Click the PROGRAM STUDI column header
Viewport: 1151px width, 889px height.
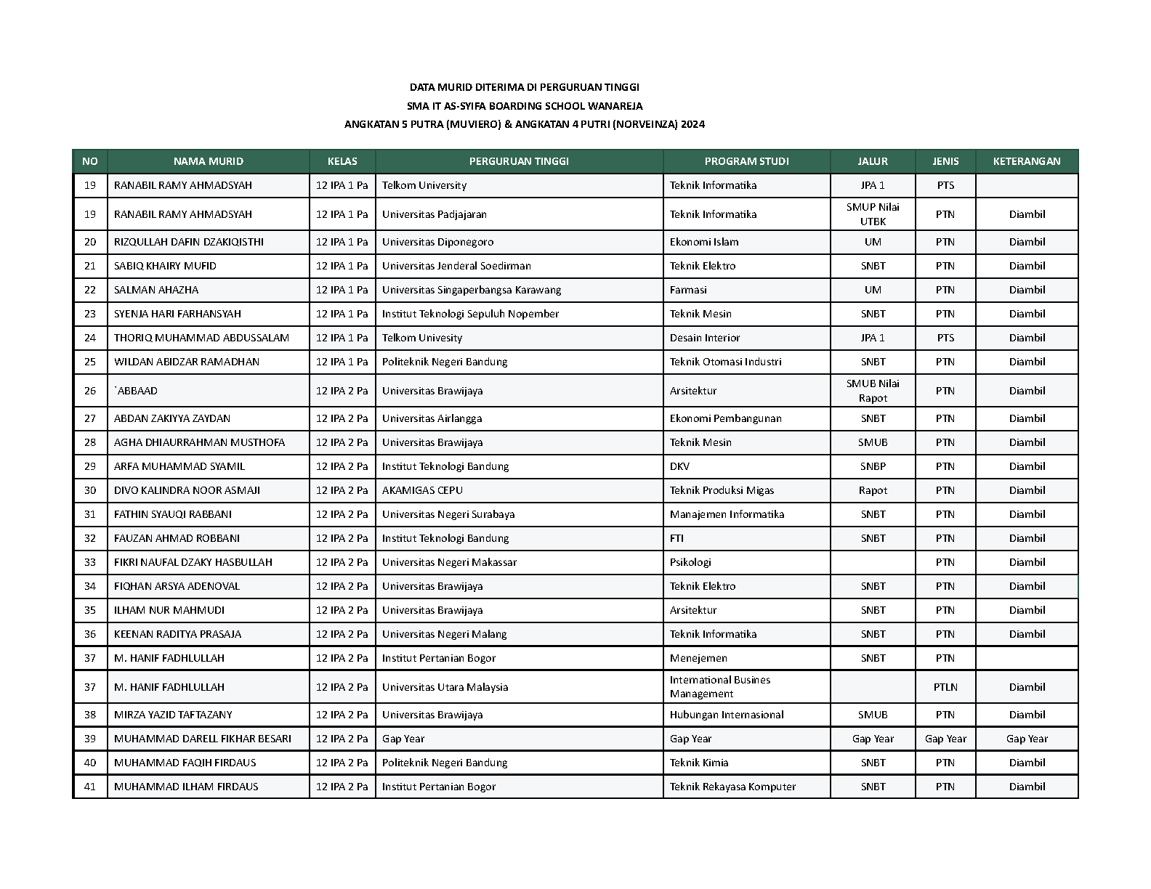pyautogui.click(x=746, y=161)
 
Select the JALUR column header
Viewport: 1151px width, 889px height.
pyautogui.click(x=872, y=161)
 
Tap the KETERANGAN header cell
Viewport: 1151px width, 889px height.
pyautogui.click(x=1026, y=161)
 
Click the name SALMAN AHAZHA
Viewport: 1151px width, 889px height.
pyautogui.click(x=156, y=290)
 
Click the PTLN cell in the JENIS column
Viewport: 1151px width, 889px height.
pyautogui.click(x=945, y=687)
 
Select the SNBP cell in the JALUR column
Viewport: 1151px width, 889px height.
pyautogui.click(x=873, y=466)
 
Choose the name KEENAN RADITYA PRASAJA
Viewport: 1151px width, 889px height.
pyautogui.click(x=177, y=634)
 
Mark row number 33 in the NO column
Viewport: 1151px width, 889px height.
pyautogui.click(x=90, y=562)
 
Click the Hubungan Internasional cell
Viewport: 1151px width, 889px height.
pyautogui.click(x=727, y=715)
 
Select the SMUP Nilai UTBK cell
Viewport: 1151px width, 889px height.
pyautogui.click(x=873, y=214)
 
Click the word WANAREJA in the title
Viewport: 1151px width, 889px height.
pyautogui.click(x=615, y=106)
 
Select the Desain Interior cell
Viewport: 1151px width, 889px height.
pyautogui.click(x=705, y=338)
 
